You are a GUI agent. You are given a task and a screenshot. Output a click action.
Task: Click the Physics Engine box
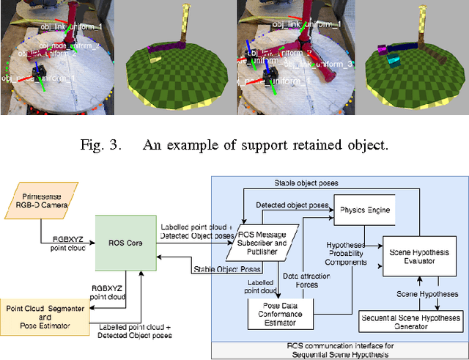[x=363, y=210]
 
